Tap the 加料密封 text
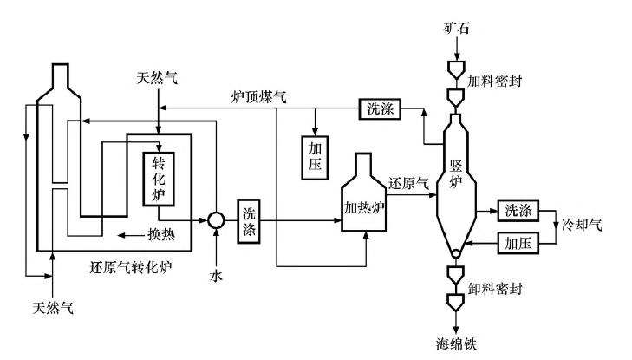(492, 79)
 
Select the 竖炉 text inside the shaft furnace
(456, 172)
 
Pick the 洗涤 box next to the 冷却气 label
(518, 210)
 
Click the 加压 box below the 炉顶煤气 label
(314, 156)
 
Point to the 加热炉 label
(364, 208)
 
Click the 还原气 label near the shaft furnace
(408, 185)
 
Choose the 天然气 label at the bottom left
(54, 308)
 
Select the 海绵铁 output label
(456, 342)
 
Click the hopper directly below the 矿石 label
(455, 69)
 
